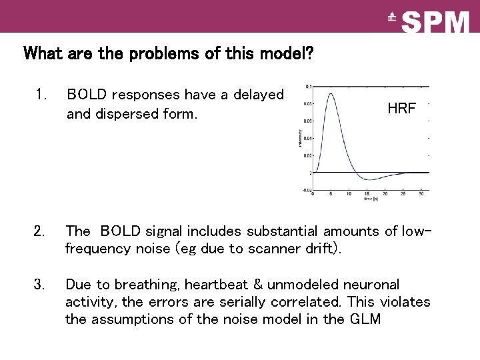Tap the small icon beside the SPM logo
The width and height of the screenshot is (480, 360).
(x=392, y=19)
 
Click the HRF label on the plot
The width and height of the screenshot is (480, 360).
(x=401, y=109)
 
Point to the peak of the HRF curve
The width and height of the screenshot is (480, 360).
(x=331, y=94)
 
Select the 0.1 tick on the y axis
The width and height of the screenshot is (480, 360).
(x=307, y=87)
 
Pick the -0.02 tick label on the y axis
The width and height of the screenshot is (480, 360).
(x=306, y=190)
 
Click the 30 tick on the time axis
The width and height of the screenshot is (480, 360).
(x=421, y=194)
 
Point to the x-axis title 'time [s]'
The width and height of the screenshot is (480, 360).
(x=371, y=199)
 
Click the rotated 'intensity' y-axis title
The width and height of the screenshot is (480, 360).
(x=299, y=138)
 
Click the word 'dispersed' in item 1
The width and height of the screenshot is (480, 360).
(x=127, y=114)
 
